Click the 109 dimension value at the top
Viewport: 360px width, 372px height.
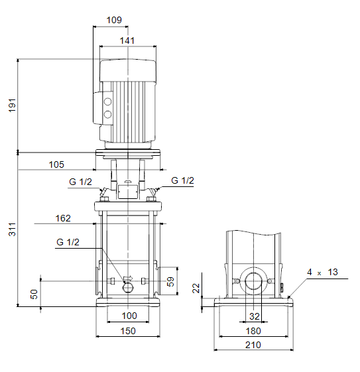114,20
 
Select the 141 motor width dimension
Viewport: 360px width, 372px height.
127,40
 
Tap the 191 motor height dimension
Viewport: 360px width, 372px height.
12,105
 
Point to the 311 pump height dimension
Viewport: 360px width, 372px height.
12,229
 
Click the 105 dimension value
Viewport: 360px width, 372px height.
56,164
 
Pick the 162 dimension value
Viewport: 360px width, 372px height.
63,218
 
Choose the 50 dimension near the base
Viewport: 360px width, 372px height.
34,294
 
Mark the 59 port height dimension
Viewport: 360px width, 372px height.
170,282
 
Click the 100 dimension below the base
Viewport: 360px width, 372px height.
129,316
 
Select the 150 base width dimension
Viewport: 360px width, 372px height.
128,331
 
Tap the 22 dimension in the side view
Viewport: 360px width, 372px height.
196,288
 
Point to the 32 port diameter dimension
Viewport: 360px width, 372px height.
255,316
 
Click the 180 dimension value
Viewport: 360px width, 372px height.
253,331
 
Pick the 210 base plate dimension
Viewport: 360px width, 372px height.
253,345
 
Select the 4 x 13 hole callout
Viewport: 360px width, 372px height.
322,272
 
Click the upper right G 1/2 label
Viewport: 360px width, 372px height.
182,180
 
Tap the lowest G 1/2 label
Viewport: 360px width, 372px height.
68,242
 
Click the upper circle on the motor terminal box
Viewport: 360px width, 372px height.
107,101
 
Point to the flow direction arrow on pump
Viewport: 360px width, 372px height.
129,278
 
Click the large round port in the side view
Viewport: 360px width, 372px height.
253,281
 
